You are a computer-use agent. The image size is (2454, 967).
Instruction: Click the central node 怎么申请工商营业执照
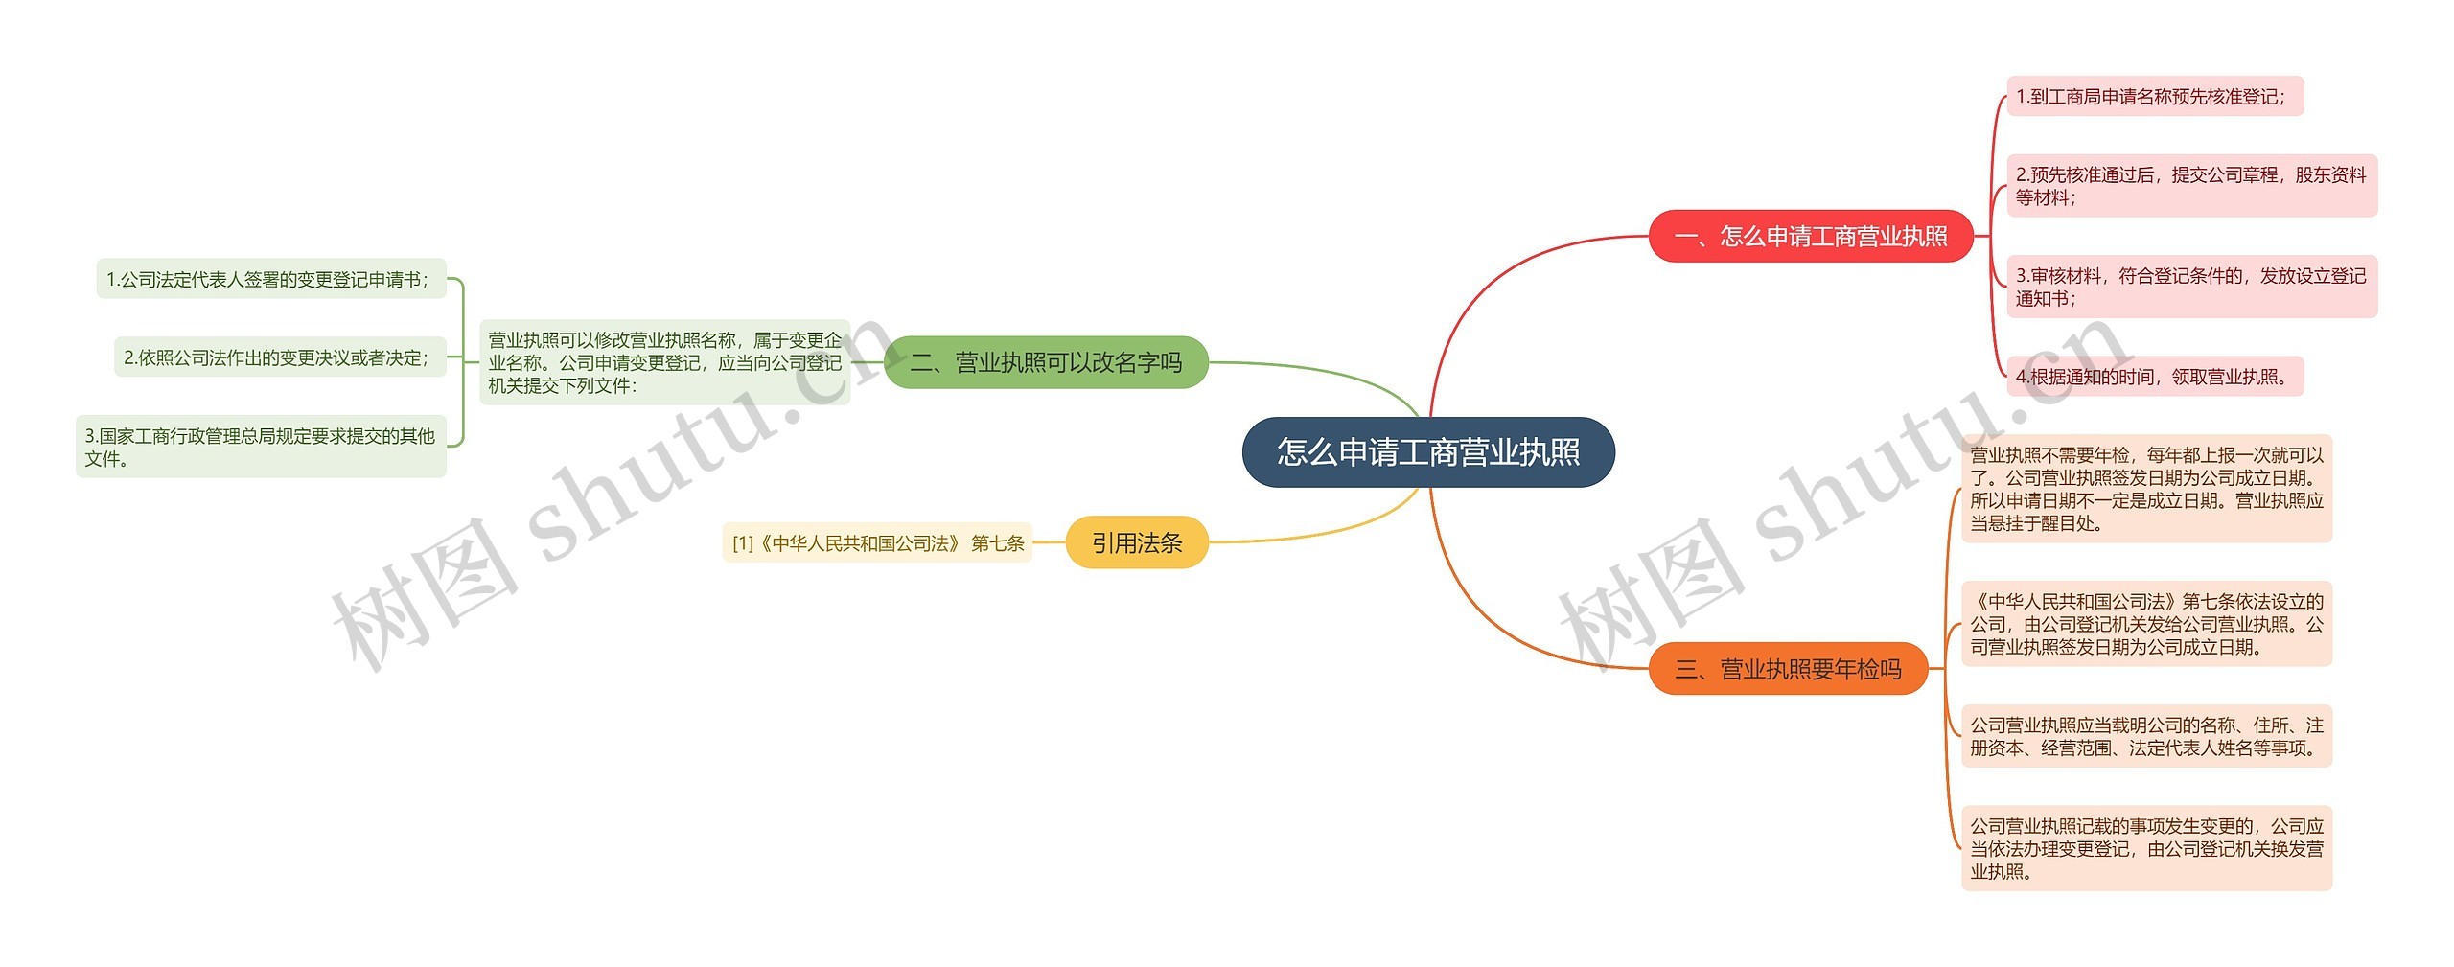[1428, 451]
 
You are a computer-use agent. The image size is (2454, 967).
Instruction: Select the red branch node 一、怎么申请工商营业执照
[1810, 236]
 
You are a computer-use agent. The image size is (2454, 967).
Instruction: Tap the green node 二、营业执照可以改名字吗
[1045, 362]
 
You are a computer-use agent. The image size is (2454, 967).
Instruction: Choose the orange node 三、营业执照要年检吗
[1788, 669]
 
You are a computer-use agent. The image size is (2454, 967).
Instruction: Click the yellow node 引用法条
[1136, 542]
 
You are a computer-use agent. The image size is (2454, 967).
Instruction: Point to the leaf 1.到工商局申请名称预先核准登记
[2154, 96]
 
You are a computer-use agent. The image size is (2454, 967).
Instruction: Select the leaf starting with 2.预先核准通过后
[2191, 186]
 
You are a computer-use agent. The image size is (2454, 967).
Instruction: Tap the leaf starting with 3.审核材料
[2191, 287]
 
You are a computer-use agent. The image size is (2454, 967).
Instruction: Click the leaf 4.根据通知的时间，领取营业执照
[2154, 377]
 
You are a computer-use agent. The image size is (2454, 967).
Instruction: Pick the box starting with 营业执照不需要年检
[2146, 489]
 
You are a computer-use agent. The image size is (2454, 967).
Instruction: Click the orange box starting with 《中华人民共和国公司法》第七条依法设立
[2146, 624]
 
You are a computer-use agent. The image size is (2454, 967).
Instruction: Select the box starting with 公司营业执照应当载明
[2146, 736]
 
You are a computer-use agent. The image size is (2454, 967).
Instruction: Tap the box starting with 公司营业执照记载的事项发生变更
[2146, 848]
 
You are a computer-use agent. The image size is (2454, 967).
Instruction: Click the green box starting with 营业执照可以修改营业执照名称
[664, 362]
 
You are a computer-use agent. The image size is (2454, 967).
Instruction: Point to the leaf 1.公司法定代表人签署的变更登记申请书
[271, 279]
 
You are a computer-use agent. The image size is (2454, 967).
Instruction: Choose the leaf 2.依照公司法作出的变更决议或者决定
[280, 357]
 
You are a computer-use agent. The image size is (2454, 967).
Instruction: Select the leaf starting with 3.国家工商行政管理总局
[261, 447]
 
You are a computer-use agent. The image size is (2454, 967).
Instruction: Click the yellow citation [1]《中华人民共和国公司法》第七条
[877, 543]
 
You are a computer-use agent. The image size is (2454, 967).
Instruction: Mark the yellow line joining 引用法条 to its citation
[1049, 542]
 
